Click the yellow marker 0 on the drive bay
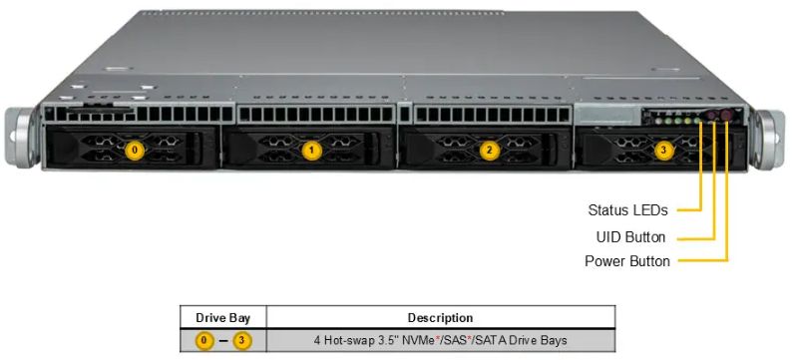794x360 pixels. coord(137,150)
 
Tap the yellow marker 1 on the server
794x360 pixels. coord(312,150)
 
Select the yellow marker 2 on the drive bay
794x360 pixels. coord(489,150)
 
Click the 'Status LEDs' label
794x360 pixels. coord(627,210)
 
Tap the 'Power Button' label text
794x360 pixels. coord(627,262)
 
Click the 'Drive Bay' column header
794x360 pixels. coord(222,318)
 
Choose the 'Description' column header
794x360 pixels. coord(440,318)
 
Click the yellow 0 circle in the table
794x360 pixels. coord(203,340)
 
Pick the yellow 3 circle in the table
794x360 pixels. coord(242,340)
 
